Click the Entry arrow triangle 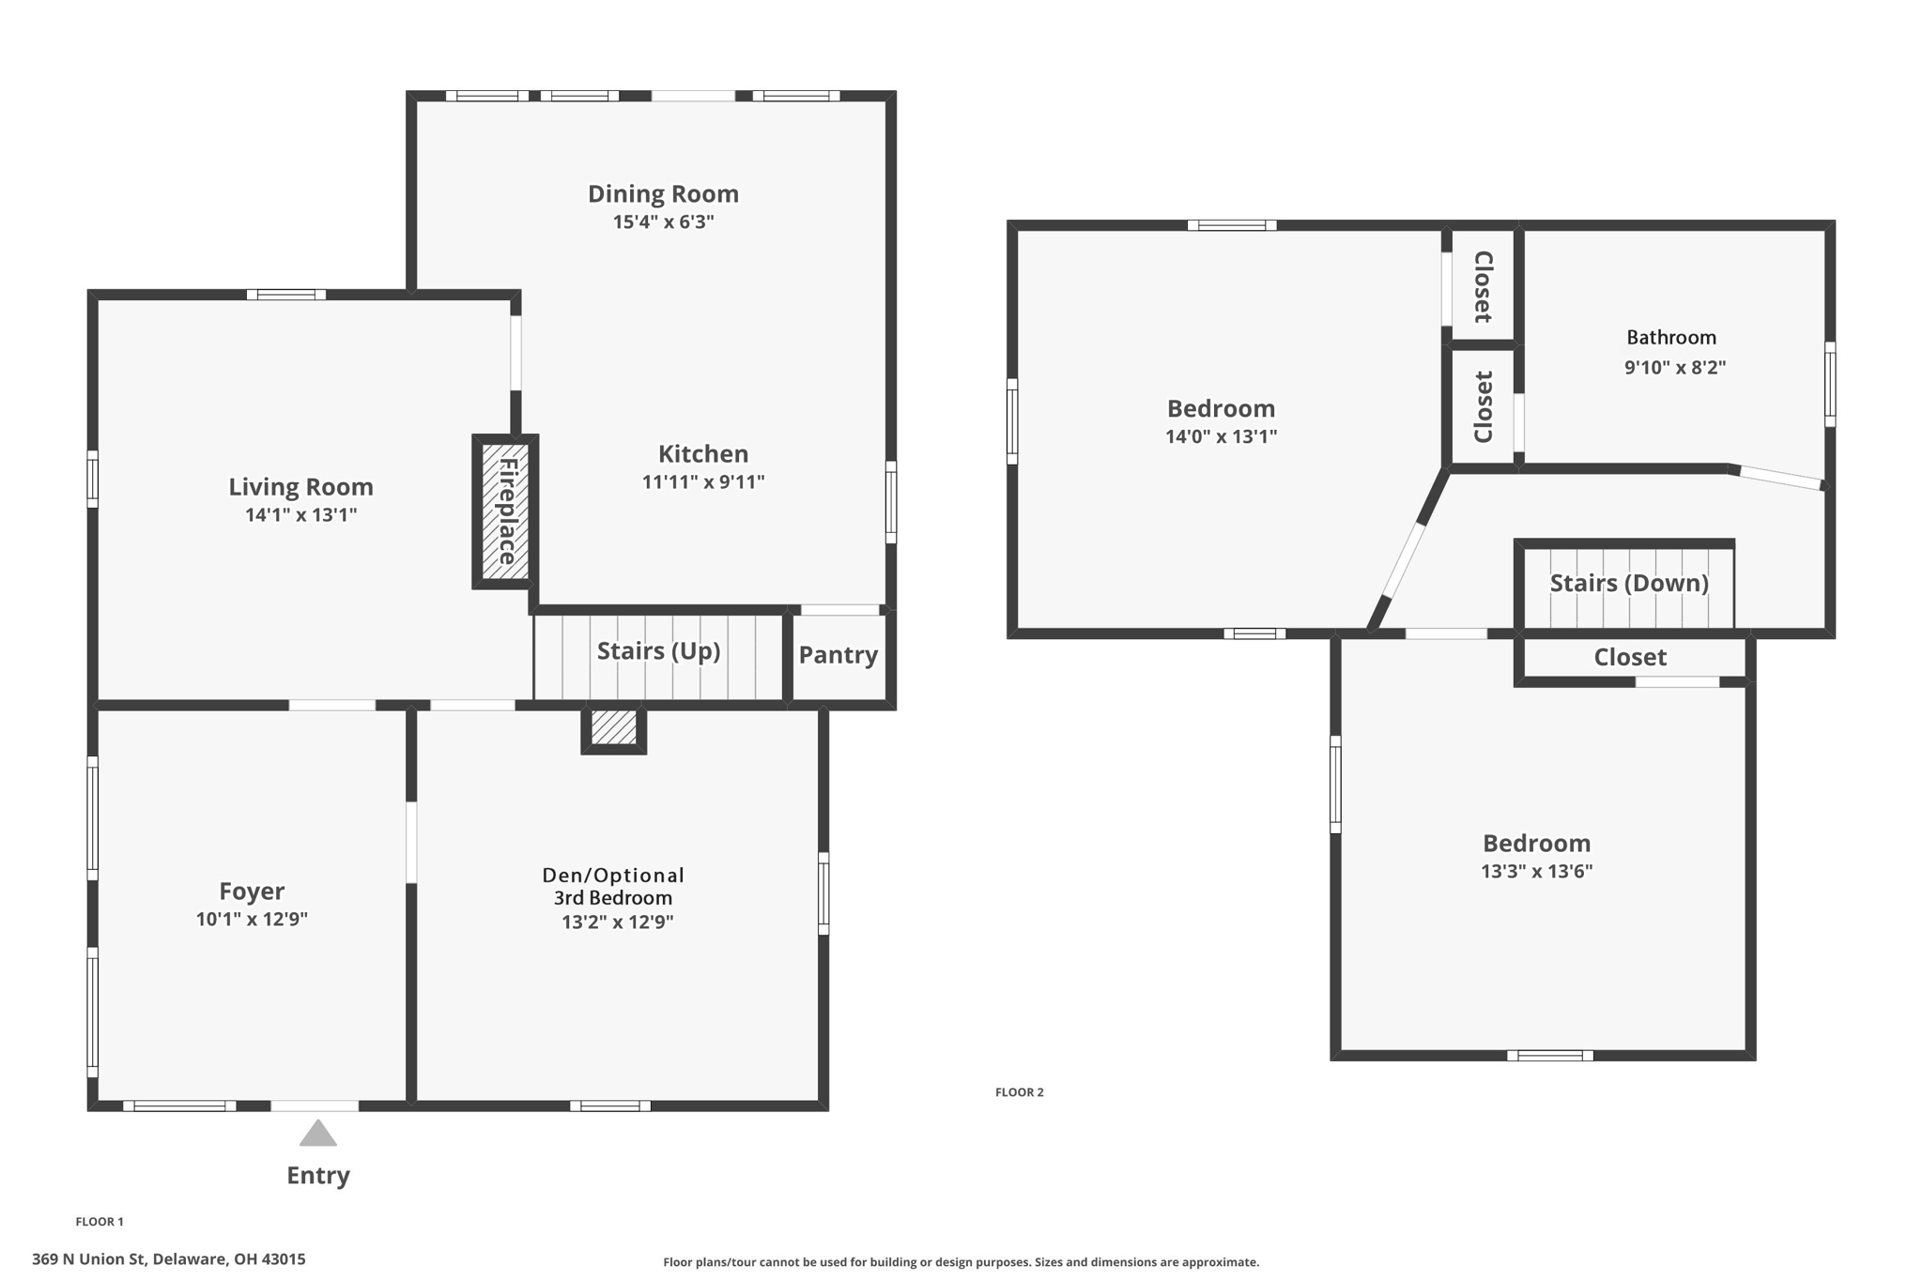tap(317, 1135)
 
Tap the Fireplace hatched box tap(505, 511)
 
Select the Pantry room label tap(838, 655)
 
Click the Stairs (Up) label tap(658, 651)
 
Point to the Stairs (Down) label tap(1628, 583)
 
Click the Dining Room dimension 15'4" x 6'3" tap(663, 222)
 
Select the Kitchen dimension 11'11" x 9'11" tap(702, 482)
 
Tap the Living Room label tap(300, 487)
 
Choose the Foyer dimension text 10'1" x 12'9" tap(252, 920)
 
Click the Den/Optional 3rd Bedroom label tap(613, 886)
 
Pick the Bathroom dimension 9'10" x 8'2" tap(1674, 368)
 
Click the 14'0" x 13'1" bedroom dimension tap(1221, 436)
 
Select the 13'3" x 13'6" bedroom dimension tap(1536, 871)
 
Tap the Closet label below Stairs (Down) tap(1629, 658)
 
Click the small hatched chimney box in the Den tap(614, 728)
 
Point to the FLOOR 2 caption tap(1019, 1092)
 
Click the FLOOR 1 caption tap(100, 1222)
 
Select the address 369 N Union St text tap(169, 1259)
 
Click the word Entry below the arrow tap(317, 1176)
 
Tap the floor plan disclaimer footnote tap(961, 1262)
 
